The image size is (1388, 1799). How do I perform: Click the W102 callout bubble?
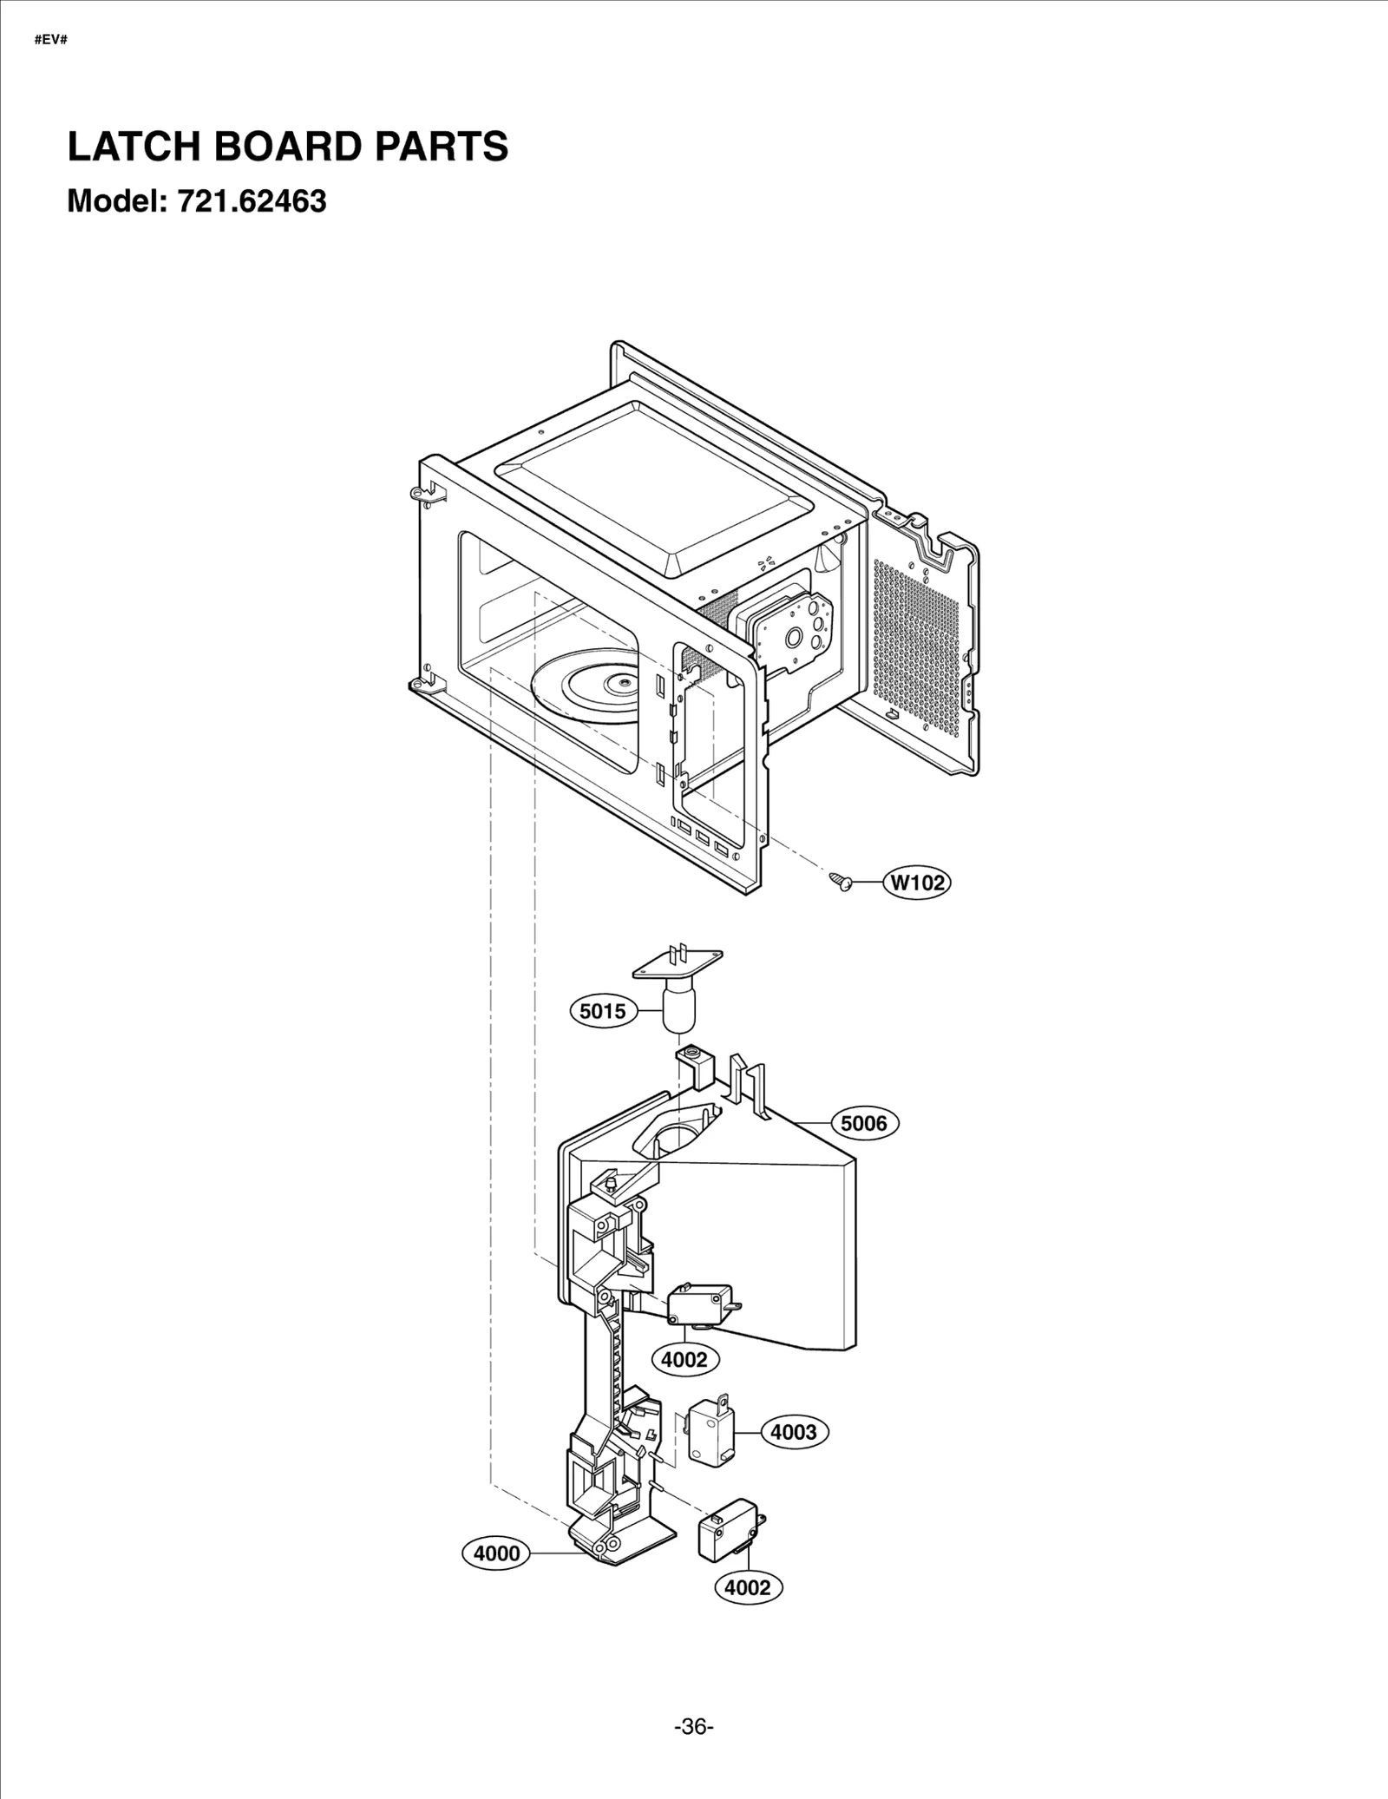[x=917, y=883]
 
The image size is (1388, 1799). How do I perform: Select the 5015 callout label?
[x=603, y=1011]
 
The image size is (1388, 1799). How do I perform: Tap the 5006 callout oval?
[x=864, y=1124]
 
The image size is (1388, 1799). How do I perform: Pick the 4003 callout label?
[x=794, y=1432]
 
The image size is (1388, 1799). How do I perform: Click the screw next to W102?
[x=840, y=882]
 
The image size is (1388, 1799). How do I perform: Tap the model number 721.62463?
[x=252, y=201]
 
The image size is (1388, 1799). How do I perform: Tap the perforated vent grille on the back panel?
[x=920, y=642]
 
